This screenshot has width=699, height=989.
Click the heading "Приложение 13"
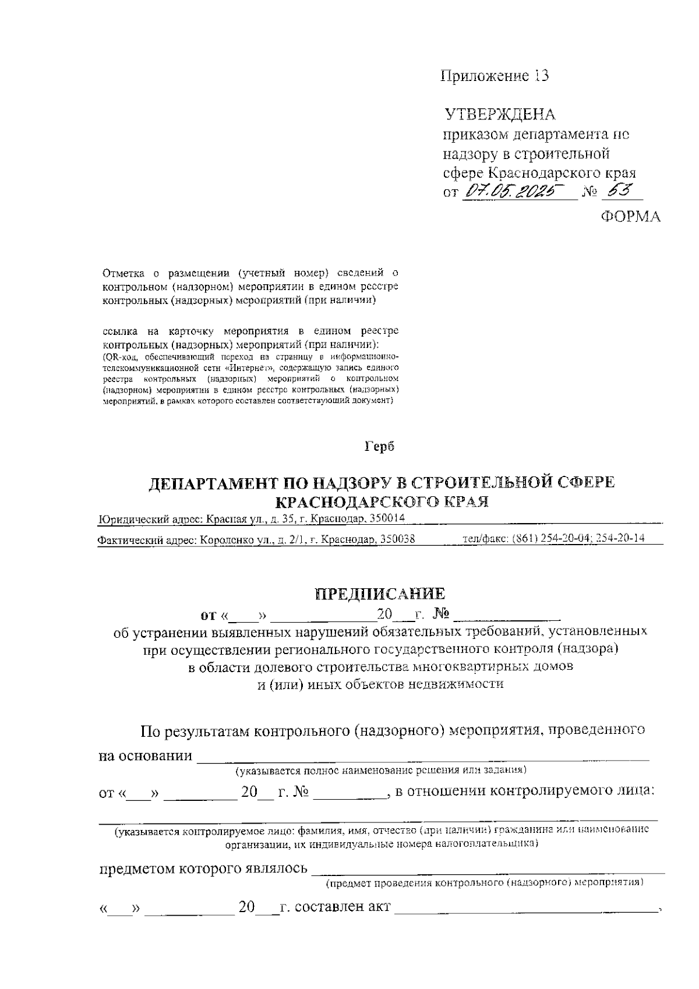point(495,76)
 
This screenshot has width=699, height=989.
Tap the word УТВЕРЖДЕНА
point(500,114)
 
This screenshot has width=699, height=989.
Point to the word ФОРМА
point(631,217)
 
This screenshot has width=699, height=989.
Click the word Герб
point(379,447)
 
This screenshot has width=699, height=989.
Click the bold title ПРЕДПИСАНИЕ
point(380,594)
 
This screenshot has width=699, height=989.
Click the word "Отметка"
point(121,273)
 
